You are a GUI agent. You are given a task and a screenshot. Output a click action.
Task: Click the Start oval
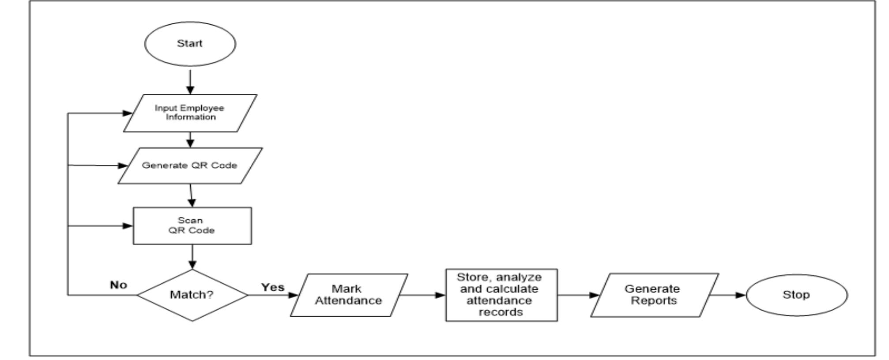click(x=190, y=44)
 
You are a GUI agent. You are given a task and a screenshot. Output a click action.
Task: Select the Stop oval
click(x=796, y=295)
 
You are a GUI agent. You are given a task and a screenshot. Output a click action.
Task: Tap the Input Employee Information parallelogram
click(x=190, y=113)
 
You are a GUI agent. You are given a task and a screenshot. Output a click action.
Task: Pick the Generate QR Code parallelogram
click(x=190, y=165)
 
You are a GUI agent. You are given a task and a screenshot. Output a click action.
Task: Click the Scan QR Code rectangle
click(x=192, y=225)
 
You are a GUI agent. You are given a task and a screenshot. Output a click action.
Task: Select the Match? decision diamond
click(x=192, y=295)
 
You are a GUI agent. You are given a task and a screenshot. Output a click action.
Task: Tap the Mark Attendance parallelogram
click(x=349, y=295)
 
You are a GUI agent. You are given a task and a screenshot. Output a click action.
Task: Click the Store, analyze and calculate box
click(x=501, y=295)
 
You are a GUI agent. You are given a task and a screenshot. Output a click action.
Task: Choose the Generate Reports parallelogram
click(x=654, y=295)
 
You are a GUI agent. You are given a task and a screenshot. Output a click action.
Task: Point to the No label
click(x=118, y=285)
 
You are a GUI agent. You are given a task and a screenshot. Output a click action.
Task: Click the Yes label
click(x=273, y=287)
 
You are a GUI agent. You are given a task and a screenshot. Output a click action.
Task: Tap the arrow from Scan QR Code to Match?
click(x=192, y=257)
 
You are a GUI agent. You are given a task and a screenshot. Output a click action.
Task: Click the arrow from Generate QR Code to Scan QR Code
click(x=191, y=195)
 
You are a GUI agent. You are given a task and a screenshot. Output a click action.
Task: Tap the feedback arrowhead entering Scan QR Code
click(x=128, y=226)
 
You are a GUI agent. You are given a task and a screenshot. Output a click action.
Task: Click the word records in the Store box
click(x=501, y=312)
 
